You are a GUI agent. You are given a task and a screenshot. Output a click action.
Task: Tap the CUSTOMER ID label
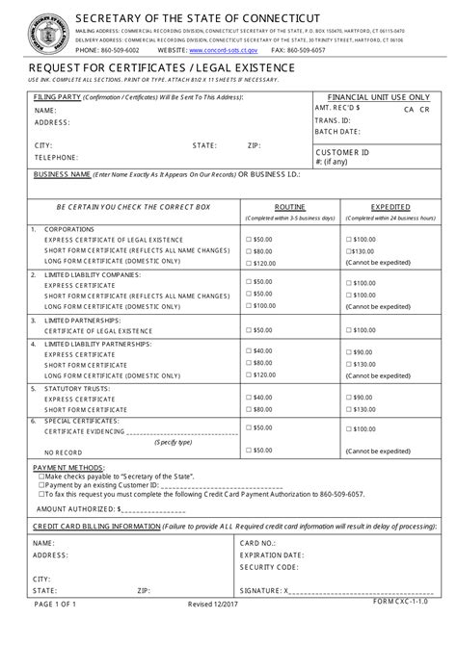coord(343,152)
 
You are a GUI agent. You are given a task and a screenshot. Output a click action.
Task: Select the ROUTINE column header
coord(290,207)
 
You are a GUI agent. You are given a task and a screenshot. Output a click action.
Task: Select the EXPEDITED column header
coord(391,207)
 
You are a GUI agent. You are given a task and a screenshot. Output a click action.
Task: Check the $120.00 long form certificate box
coord(249,263)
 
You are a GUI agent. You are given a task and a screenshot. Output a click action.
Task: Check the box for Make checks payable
coord(40,477)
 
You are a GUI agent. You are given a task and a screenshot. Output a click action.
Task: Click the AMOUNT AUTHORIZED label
coord(76,507)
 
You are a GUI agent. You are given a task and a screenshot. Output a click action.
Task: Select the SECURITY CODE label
coord(269,568)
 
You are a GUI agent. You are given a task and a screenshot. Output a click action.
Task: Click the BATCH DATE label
coord(337,132)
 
